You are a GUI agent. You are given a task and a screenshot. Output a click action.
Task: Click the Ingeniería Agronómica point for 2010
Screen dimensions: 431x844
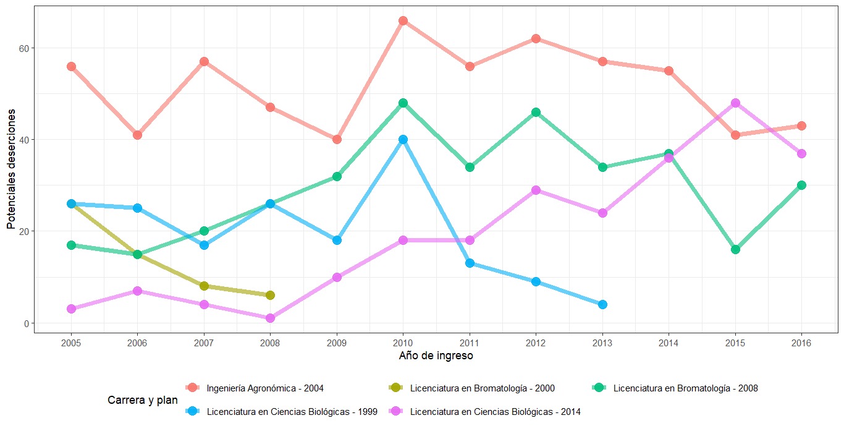[403, 21]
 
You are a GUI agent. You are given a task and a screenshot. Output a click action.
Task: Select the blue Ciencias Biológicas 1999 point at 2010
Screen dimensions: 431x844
[403, 140]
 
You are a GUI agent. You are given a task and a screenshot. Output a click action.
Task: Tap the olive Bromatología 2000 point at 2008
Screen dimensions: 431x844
[270, 296]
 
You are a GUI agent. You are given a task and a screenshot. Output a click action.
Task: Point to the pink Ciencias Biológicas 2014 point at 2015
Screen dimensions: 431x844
[735, 103]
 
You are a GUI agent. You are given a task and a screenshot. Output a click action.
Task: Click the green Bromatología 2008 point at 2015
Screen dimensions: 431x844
[735, 250]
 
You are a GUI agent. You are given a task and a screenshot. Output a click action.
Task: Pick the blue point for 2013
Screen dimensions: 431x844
[602, 304]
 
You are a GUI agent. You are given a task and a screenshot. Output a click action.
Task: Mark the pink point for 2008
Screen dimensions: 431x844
[270, 318]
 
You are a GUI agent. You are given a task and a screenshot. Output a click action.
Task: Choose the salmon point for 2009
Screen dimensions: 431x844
[337, 140]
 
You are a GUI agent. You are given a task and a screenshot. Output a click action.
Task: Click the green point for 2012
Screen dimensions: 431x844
[536, 113]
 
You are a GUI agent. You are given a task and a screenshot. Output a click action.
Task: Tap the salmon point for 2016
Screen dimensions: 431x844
[801, 126]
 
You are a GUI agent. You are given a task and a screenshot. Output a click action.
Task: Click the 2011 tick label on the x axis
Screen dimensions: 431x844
[470, 342]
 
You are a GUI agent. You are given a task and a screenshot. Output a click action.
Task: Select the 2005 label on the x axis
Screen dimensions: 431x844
[71, 342]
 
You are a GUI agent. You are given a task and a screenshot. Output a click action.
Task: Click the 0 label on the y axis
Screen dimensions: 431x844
[27, 323]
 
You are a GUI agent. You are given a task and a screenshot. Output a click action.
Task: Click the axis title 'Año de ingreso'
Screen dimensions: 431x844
[436, 356]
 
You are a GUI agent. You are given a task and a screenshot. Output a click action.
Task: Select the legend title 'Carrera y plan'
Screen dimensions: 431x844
[143, 400]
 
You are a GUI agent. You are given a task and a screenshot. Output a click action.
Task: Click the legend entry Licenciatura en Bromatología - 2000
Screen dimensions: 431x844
[482, 388]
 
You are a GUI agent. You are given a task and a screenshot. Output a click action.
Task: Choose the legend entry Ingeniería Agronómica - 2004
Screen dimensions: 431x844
[265, 388]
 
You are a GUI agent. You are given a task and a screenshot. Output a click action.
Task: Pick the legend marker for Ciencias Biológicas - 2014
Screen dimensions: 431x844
[395, 411]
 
